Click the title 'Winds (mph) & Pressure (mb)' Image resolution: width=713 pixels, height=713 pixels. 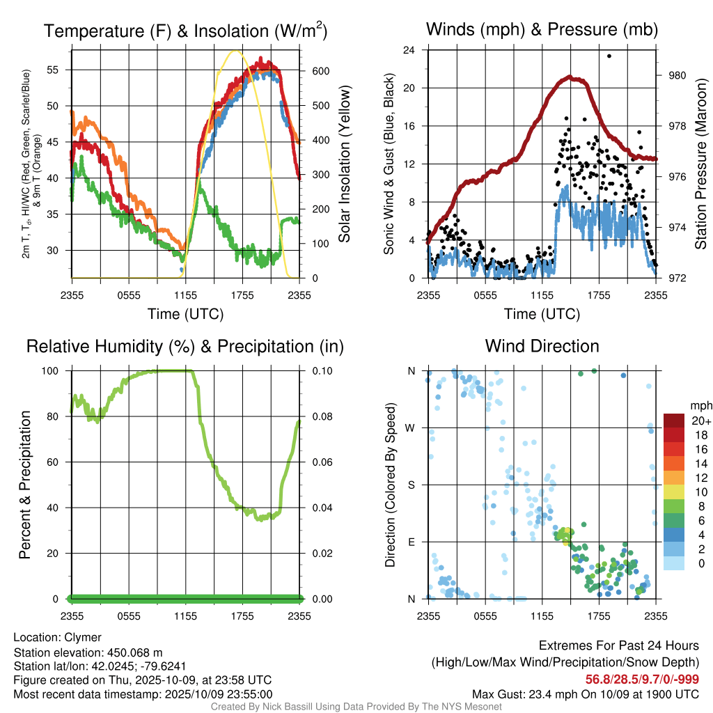click(x=542, y=29)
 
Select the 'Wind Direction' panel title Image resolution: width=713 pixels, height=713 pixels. click(x=542, y=346)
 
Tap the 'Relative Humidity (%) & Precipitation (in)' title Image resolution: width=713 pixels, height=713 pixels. click(x=185, y=346)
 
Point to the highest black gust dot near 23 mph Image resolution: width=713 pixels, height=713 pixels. click(x=609, y=56)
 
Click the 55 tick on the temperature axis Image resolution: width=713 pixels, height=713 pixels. click(x=61, y=70)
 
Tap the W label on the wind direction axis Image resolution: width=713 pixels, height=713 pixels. click(x=412, y=428)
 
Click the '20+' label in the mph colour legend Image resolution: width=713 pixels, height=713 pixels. click(x=700, y=421)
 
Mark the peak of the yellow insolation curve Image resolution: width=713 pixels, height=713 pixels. click(x=235, y=51)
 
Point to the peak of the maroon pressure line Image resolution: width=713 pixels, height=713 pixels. click(x=570, y=77)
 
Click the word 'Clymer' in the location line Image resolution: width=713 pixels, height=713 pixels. click(x=83, y=637)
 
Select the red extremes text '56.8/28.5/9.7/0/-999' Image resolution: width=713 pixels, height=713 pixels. click(x=642, y=679)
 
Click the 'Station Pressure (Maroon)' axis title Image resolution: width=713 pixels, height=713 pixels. click(x=700, y=164)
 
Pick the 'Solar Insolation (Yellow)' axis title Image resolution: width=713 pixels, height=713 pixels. click(x=344, y=164)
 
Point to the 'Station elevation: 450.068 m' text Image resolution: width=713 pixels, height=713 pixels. click(x=88, y=652)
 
